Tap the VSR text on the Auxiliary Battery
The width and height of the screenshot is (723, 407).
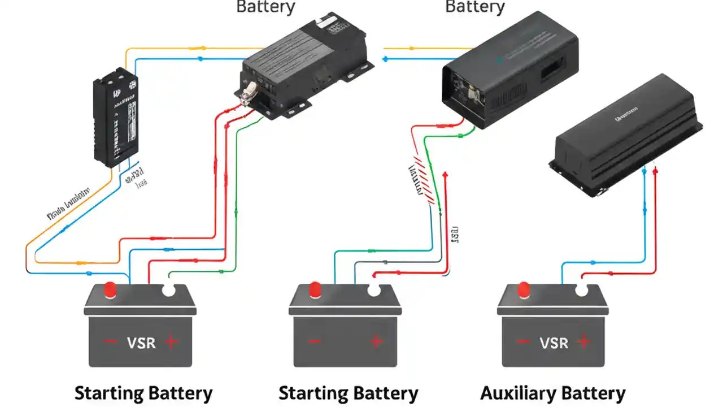click(553, 342)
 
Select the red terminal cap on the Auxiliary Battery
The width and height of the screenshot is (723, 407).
click(524, 289)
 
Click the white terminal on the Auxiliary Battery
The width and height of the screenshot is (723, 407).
click(581, 289)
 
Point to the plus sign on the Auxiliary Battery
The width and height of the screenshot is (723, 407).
click(583, 341)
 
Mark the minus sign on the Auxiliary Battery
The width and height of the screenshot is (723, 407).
click(522, 342)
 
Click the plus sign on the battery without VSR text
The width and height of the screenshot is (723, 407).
click(376, 341)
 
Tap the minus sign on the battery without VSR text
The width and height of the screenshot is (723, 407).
click(315, 341)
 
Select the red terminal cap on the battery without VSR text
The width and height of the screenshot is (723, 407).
click(315, 289)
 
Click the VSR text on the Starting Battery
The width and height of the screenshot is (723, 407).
click(141, 342)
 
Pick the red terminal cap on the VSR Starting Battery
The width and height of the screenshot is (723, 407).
click(111, 289)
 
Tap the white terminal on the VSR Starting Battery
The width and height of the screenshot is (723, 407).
click(168, 289)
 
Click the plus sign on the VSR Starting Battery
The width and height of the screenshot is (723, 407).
click(171, 341)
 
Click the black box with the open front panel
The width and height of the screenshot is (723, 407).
click(508, 68)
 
